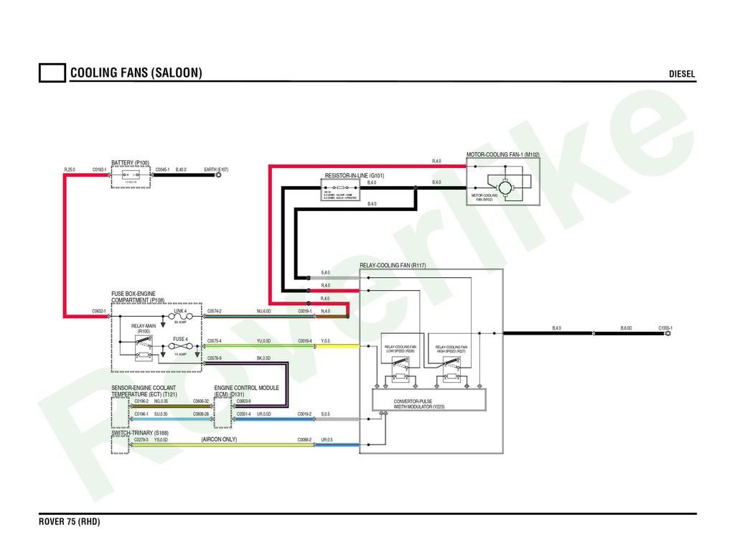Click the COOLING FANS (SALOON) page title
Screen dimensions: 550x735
[136, 73]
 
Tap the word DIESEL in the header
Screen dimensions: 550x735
[682, 74]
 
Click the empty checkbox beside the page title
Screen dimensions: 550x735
[52, 73]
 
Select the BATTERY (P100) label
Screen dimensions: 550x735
[131, 163]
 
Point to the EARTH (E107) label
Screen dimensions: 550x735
[216, 170]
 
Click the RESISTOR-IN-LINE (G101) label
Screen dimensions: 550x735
[355, 176]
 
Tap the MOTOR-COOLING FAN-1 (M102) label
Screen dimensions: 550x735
[502, 155]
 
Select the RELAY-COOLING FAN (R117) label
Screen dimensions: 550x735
[393, 266]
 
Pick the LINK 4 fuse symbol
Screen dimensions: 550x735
[180, 317]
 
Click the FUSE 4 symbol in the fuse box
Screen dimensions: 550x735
[180, 345]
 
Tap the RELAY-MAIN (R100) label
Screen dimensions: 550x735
[144, 328]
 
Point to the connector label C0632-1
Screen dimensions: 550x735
[99, 312]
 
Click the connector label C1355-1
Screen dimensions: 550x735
[665, 328]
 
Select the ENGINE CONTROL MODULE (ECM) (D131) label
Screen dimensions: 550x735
[246, 391]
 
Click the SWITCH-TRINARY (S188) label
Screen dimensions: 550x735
[140, 434]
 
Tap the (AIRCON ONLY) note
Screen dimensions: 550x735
[219, 439]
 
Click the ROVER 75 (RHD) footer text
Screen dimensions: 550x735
[69, 522]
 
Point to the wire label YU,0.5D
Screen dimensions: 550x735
[263, 341]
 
